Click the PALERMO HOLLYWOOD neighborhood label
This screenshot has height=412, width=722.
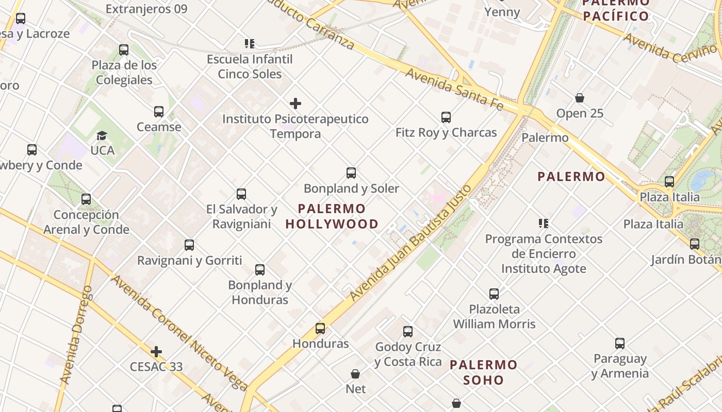[332, 216]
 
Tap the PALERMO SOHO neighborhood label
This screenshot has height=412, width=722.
[483, 372]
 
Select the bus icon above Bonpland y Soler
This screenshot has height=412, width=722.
[351, 173]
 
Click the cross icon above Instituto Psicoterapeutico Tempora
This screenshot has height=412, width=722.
[296, 104]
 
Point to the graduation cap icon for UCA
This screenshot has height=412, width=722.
[102, 135]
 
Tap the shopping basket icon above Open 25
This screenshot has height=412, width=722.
[580, 98]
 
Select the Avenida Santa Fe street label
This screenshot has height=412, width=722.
[454, 89]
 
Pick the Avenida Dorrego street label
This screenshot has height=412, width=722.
[76, 335]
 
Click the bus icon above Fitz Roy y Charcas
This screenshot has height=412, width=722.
[446, 117]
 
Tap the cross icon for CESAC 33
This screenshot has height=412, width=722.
[156, 352]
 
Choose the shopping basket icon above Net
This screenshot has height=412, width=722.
[355, 373]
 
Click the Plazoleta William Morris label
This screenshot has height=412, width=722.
[494, 316]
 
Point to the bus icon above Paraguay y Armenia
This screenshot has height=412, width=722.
[620, 344]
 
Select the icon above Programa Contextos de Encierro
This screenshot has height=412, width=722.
[544, 224]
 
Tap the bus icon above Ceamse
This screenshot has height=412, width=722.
[159, 112]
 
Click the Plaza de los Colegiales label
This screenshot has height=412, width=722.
[124, 73]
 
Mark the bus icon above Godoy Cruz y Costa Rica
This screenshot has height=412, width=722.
[408, 332]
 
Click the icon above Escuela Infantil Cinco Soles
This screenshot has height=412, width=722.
[250, 44]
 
